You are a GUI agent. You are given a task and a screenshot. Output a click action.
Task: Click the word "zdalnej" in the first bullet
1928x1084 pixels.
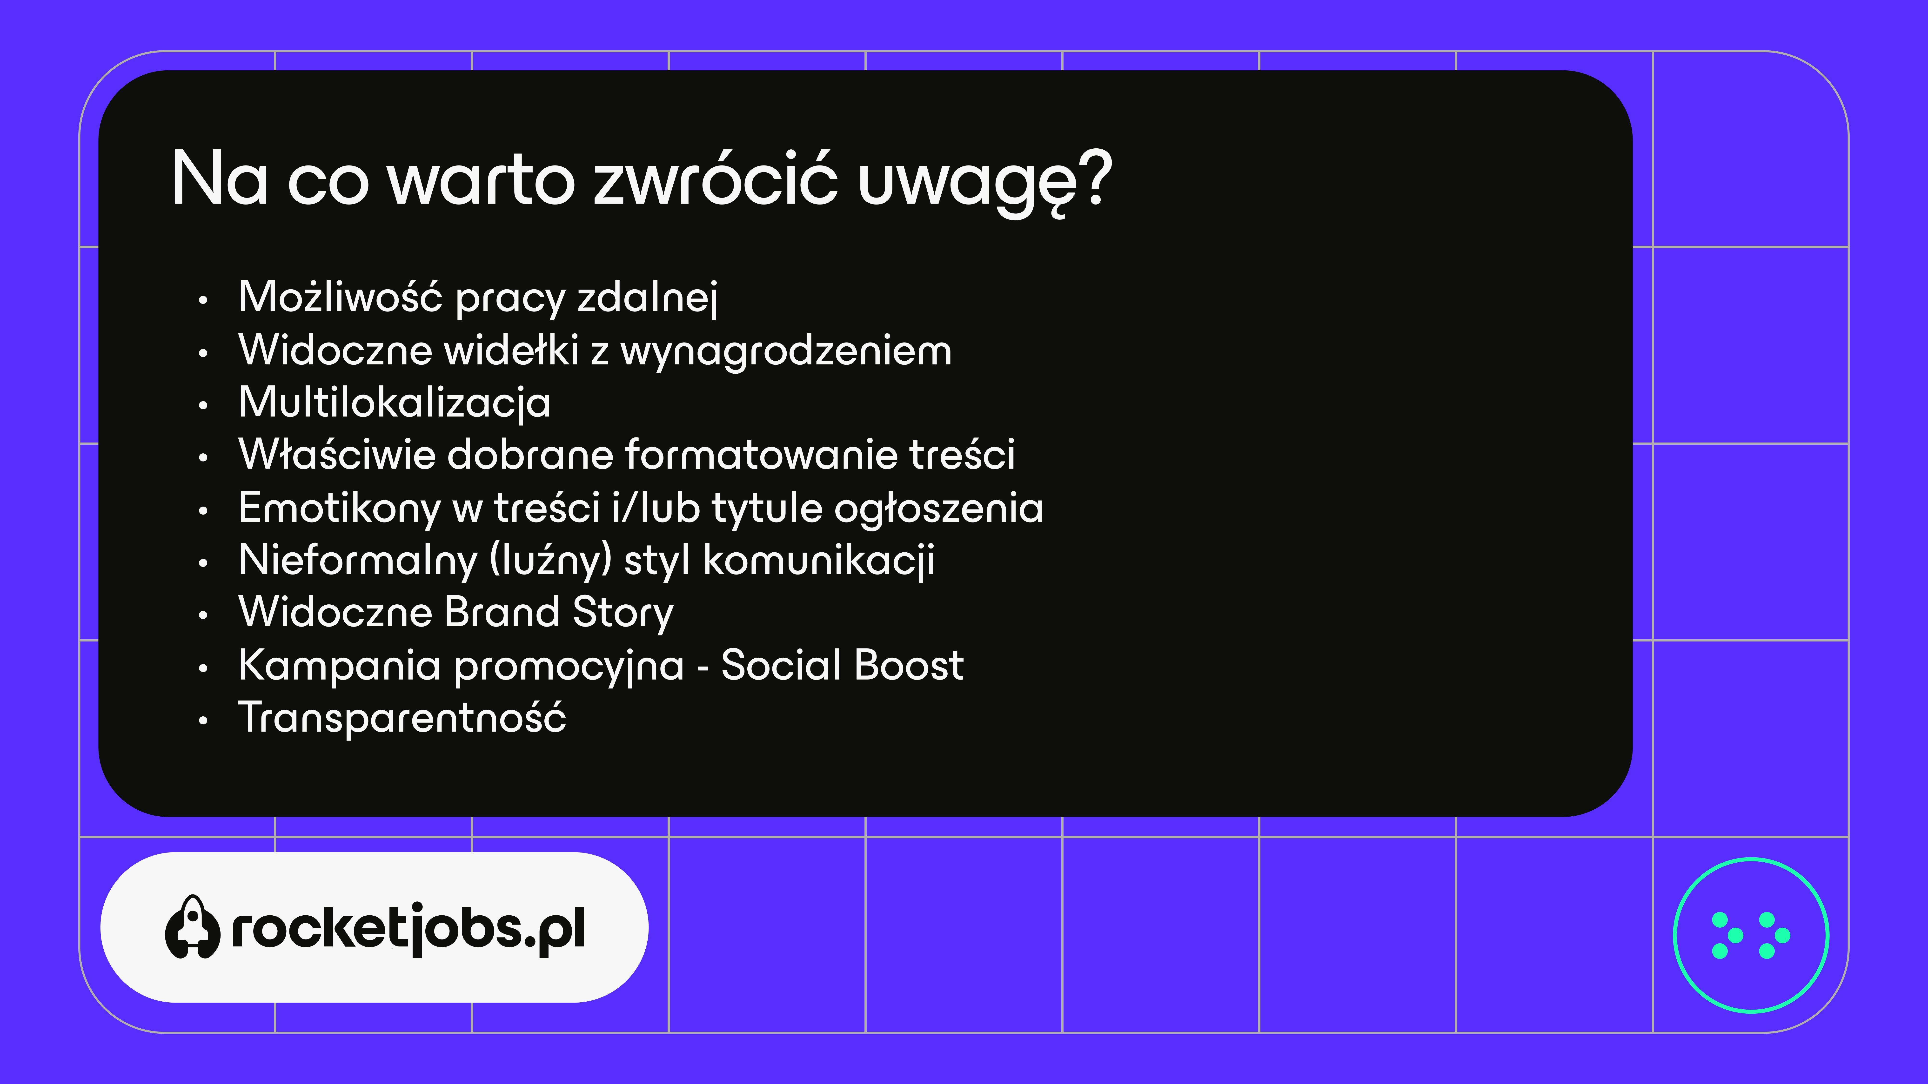coord(647,298)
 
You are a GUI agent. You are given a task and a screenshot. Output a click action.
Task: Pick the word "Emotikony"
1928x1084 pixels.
coord(340,509)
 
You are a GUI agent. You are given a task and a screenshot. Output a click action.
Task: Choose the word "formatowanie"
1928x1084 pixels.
coord(760,455)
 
